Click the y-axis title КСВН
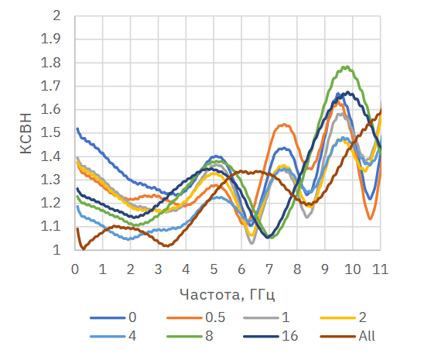coord(26,133)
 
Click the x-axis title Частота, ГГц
coord(227,294)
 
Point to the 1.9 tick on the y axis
coord(50,39)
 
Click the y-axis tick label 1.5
coord(50,133)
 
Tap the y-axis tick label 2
coord(56,15)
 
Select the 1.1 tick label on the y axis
coord(50,227)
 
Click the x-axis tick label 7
coord(269,269)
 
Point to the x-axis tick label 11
coord(380,269)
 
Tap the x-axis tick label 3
coord(158,269)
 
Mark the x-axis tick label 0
coord(75,269)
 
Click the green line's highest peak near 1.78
coord(347,67)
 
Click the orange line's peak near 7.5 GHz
coord(285,125)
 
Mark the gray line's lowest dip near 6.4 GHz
coord(251,243)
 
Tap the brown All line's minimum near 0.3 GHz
coord(84,249)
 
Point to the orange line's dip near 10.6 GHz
coord(370,218)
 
